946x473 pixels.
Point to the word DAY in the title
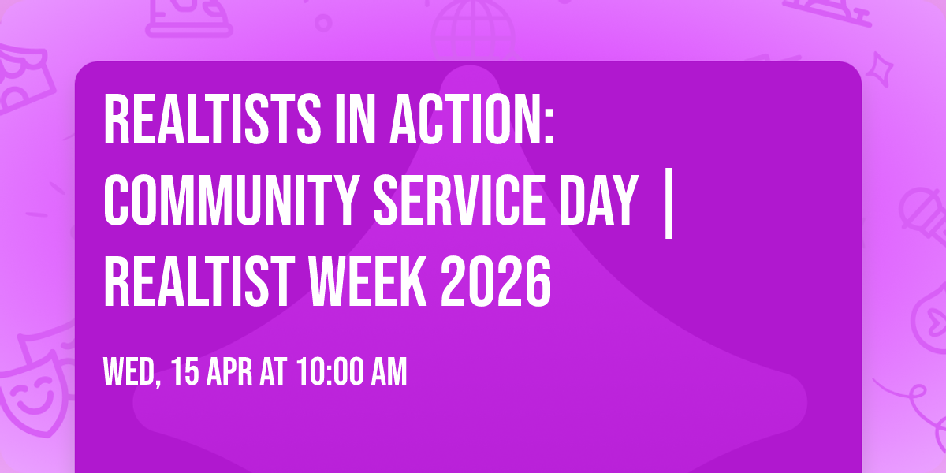(x=598, y=200)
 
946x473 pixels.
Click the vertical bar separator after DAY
(x=668, y=203)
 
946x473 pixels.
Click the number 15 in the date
(x=188, y=373)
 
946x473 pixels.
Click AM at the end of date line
(x=389, y=373)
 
